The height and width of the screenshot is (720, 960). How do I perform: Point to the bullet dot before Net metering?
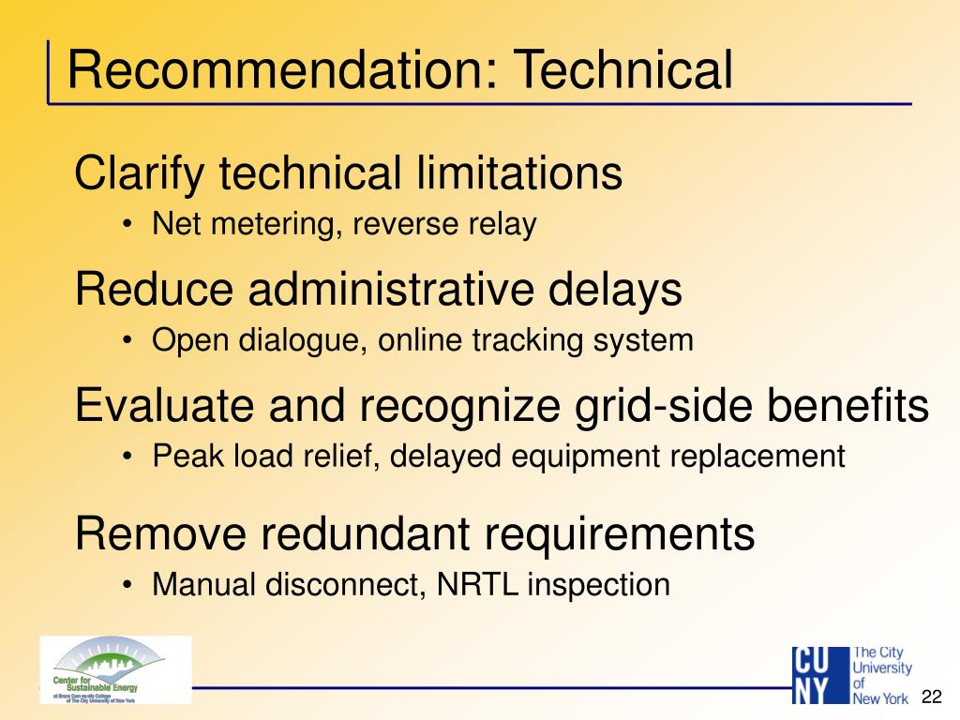(x=127, y=226)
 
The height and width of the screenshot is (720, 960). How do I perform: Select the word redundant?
(x=367, y=534)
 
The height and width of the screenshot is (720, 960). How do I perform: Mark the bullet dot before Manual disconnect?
(x=127, y=586)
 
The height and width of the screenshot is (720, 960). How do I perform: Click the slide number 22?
(x=931, y=697)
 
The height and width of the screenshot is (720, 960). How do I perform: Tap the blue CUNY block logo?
(x=818, y=675)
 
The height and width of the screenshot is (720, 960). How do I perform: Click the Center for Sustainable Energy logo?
(x=115, y=669)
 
